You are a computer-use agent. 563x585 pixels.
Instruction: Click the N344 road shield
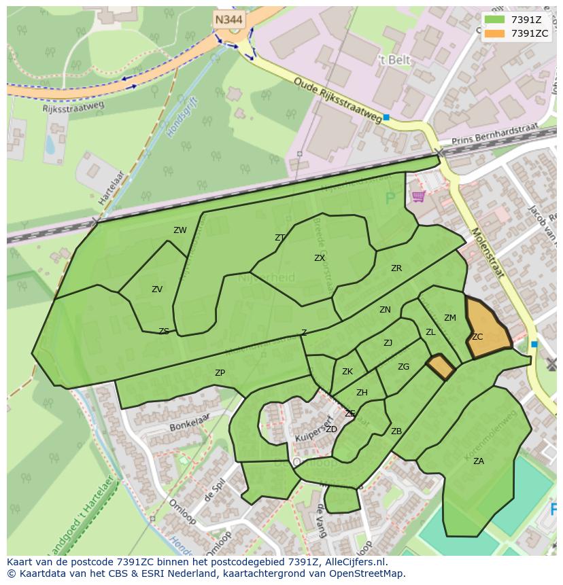[229, 20]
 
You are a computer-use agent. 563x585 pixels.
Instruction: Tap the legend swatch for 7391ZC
[495, 33]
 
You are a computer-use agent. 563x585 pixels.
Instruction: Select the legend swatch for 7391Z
[495, 20]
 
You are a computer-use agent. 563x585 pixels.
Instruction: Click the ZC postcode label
[477, 337]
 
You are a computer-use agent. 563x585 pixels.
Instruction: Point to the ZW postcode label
[180, 230]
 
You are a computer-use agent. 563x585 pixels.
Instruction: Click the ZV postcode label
[157, 289]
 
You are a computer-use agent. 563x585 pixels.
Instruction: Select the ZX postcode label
[320, 258]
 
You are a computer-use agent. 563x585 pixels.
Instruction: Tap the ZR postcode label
[396, 268]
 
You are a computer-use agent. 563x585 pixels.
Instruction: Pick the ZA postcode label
[479, 461]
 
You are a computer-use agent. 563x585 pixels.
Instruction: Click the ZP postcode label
[220, 373]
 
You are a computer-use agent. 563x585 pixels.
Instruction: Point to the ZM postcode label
[450, 318]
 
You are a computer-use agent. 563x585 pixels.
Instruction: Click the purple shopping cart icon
[418, 196]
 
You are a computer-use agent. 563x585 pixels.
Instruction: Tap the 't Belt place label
[394, 60]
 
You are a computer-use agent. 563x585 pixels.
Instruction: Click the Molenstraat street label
[486, 253]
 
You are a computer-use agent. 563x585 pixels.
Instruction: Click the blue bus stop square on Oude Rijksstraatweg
[386, 118]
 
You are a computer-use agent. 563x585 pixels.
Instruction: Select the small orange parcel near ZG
[441, 367]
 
